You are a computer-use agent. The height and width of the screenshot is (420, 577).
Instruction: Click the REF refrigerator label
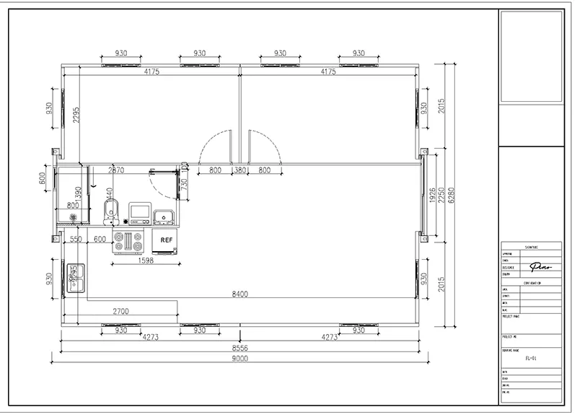click(x=165, y=240)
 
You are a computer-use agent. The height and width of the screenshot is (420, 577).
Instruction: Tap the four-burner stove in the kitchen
click(x=130, y=242)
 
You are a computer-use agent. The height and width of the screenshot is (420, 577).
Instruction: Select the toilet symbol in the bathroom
click(x=109, y=211)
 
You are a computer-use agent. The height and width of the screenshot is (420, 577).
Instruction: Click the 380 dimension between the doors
click(x=239, y=171)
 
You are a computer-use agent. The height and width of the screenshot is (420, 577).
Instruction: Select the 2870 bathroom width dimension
click(x=116, y=171)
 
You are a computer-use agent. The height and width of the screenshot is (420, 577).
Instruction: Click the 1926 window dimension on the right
click(x=432, y=201)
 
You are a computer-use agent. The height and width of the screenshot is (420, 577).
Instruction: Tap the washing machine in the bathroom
click(x=140, y=212)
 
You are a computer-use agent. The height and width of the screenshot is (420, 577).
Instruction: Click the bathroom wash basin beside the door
click(x=163, y=214)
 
